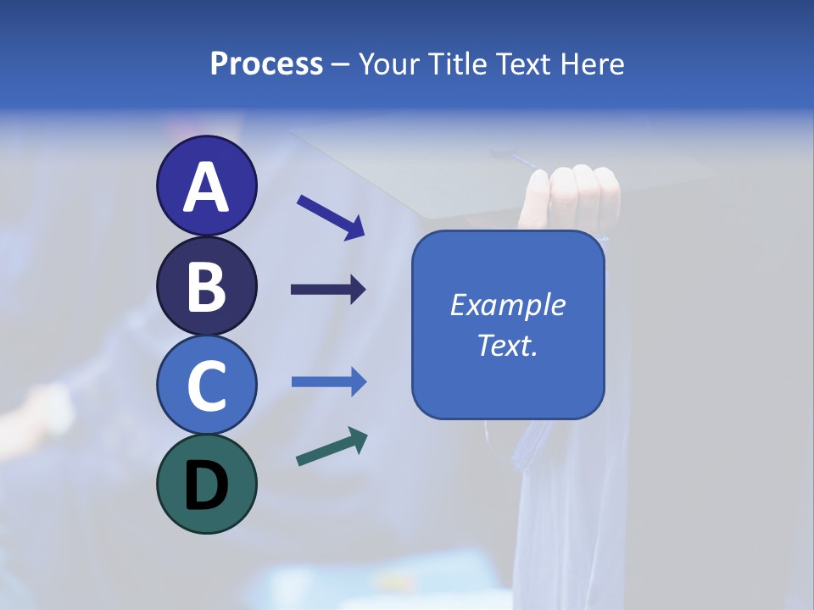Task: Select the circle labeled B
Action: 206,286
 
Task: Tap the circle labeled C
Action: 206,385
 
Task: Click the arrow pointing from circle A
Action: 330,216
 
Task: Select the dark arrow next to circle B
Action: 328,290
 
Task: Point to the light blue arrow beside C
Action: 328,382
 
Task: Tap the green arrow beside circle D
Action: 332,446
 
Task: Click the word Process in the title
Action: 266,64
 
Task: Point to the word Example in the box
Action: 507,305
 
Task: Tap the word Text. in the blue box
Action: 507,345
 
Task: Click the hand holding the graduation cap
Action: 573,197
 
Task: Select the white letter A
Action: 206,187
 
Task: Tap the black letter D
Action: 206,486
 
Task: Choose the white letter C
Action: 206,385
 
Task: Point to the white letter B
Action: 206,286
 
